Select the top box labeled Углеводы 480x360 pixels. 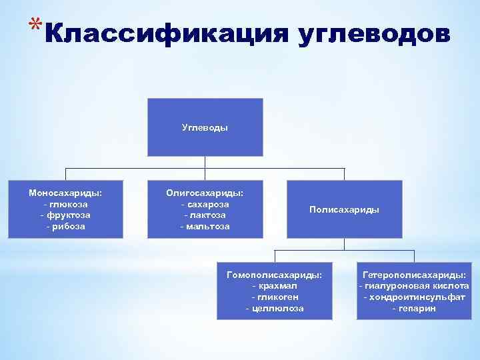[x=205, y=127]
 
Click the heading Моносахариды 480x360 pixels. [x=65, y=193]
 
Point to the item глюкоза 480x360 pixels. [x=65, y=204]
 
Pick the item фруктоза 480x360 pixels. [x=65, y=215]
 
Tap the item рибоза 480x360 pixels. [x=65, y=227]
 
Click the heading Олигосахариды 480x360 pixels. [x=205, y=193]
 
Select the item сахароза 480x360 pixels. [x=205, y=204]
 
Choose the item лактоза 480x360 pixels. [x=205, y=215]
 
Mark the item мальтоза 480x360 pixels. [x=205, y=227]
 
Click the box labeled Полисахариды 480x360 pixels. [x=344, y=209]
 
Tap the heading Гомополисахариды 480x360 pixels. [x=274, y=275]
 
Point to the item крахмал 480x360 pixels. [x=274, y=286]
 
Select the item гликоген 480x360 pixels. [x=274, y=297]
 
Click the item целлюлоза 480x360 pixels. [x=274, y=309]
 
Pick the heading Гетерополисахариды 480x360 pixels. [x=414, y=275]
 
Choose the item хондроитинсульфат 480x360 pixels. [x=414, y=297]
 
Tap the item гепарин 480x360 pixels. [x=414, y=309]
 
